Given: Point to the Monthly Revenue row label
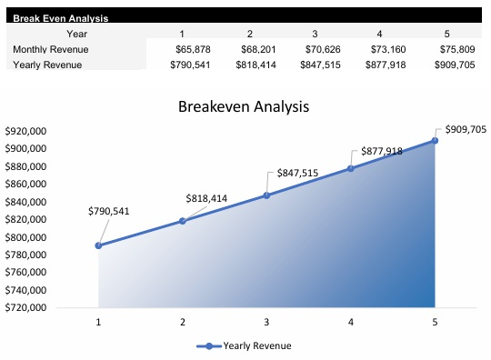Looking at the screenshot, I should [x=45, y=49].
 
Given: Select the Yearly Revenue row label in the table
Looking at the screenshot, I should [x=42, y=65].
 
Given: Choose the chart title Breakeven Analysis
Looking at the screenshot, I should [x=245, y=106].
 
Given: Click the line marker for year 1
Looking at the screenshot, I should [x=98, y=245].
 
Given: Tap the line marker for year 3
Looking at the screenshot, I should [x=266, y=195].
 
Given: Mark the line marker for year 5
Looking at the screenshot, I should [x=436, y=141].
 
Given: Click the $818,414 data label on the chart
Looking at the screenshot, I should [x=208, y=197].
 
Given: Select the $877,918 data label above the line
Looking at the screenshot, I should [x=382, y=151].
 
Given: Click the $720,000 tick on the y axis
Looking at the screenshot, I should [x=25, y=307].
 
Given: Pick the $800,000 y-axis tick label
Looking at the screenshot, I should [x=25, y=237].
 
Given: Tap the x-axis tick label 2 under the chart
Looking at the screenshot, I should [x=183, y=322].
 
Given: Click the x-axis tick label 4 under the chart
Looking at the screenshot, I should [x=351, y=322].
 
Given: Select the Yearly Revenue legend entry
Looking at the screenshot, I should [x=245, y=345].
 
